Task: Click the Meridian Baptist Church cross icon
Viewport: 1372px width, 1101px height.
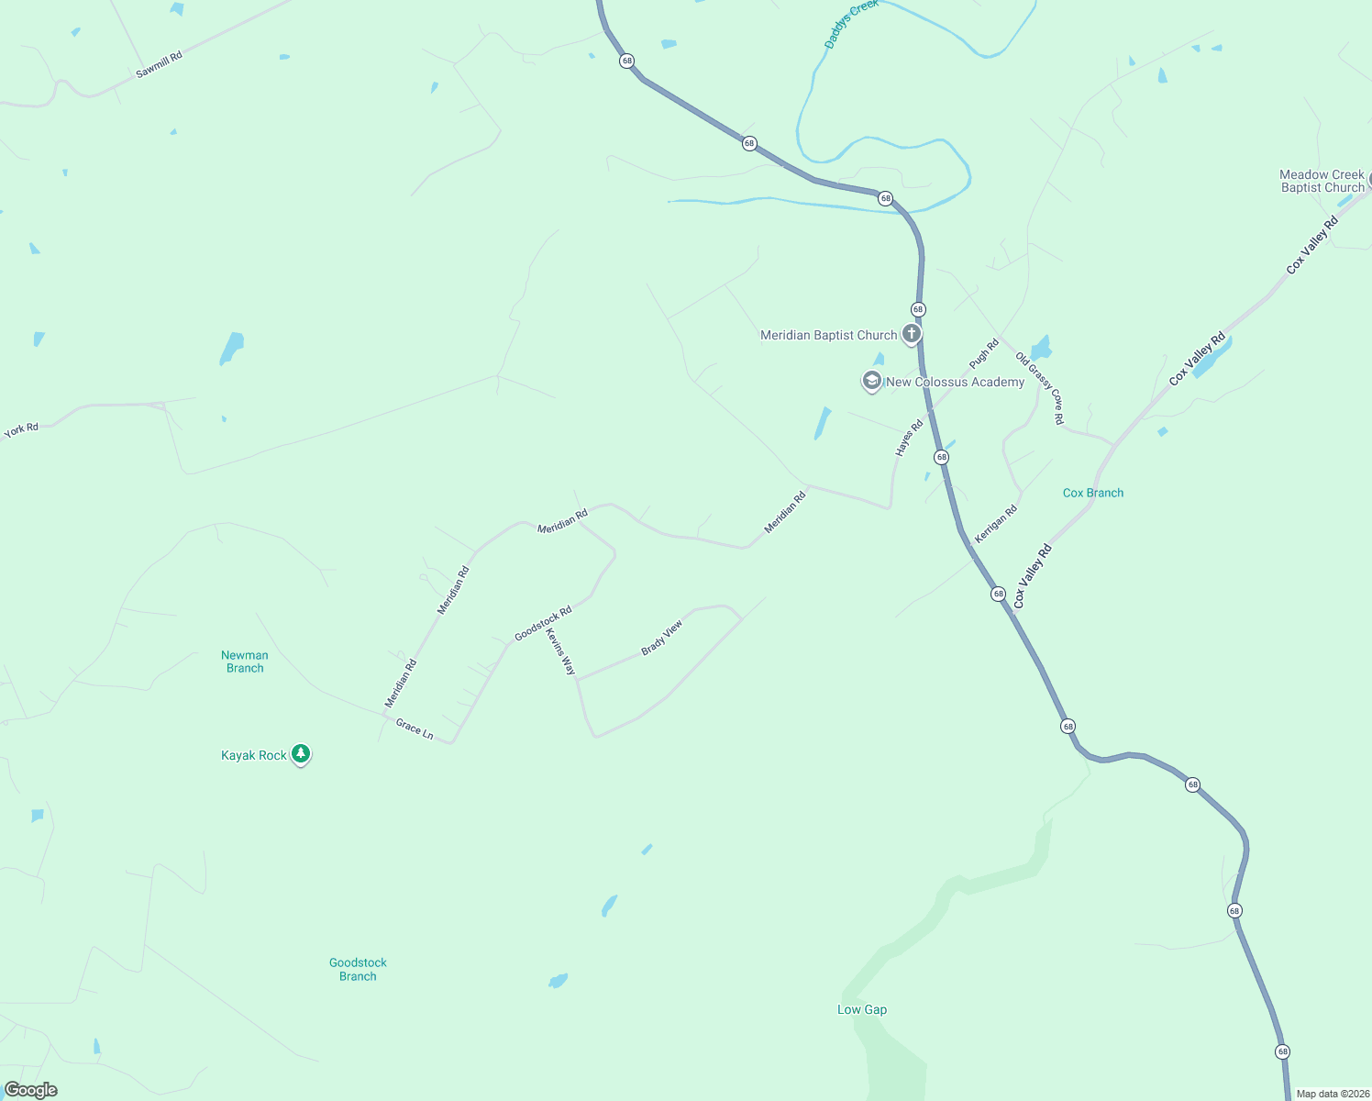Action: [x=911, y=334]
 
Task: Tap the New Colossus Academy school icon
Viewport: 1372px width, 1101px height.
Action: [x=871, y=381]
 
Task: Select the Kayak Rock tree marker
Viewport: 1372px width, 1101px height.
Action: [x=300, y=754]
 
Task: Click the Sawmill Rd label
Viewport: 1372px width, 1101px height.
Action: [x=159, y=64]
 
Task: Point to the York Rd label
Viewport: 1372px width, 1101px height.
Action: [x=21, y=429]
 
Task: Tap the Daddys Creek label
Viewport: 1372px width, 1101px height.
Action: [x=850, y=25]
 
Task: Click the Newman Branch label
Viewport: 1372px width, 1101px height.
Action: [x=245, y=662]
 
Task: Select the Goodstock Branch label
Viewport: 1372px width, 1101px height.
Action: [x=358, y=969]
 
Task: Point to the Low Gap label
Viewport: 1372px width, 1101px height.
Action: [x=862, y=1009]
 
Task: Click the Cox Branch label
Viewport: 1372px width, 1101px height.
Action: [x=1092, y=493]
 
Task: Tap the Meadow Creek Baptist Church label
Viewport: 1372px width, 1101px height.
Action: [x=1322, y=181]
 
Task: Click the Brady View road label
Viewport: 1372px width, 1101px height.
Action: [x=661, y=638]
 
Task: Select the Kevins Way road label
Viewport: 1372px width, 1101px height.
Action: [x=560, y=651]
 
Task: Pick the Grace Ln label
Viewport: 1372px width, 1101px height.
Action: [x=415, y=729]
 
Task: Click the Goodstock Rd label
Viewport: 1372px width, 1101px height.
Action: [x=543, y=623]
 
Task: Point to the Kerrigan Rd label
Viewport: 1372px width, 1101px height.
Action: [x=996, y=524]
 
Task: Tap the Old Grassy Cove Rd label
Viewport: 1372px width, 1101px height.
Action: [x=1040, y=389]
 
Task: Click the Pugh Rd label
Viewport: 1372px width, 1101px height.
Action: [x=984, y=354]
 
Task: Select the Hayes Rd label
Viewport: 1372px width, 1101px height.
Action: [x=909, y=439]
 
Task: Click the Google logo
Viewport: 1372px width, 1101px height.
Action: [x=31, y=1090]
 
